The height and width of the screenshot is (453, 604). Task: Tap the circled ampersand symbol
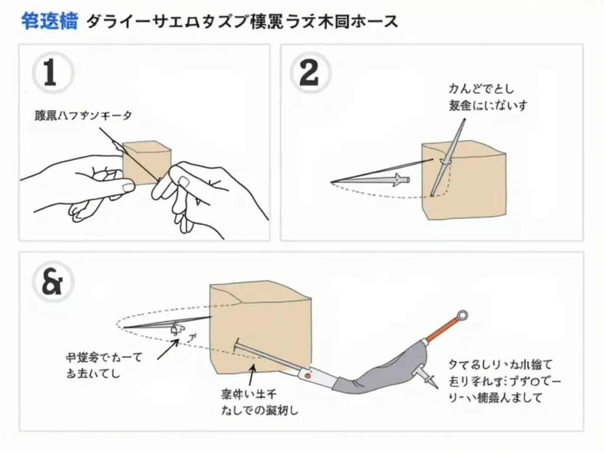(x=51, y=281)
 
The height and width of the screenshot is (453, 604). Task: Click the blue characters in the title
(x=50, y=22)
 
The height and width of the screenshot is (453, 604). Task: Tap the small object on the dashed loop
(x=176, y=329)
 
